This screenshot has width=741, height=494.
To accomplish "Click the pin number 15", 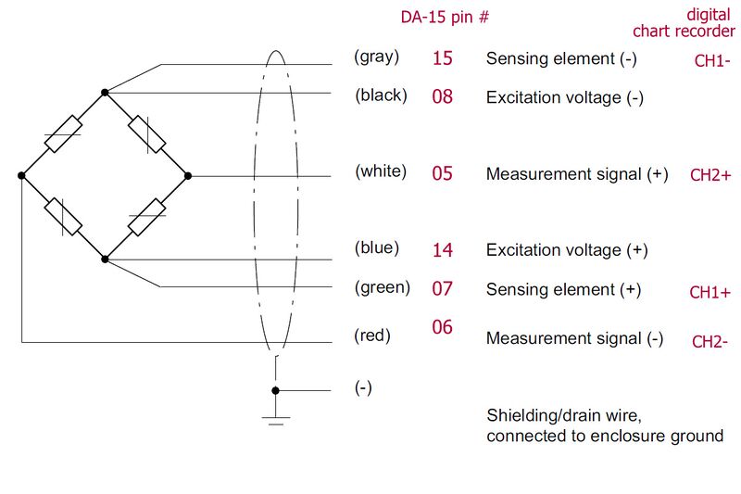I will (x=443, y=57).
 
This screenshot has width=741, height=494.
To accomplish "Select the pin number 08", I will (x=443, y=95).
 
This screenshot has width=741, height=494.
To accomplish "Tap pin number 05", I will (x=443, y=173).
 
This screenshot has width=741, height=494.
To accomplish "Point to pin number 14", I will (x=443, y=249).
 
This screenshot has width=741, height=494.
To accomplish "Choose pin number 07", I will (x=443, y=289).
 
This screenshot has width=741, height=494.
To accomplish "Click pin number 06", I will (x=443, y=327).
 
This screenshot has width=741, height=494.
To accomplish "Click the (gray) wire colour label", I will (x=377, y=57).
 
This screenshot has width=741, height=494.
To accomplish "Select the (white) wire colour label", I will (x=381, y=171).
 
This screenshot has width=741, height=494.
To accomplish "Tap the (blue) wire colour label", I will (x=377, y=247).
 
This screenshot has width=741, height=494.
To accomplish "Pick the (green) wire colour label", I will (x=382, y=287).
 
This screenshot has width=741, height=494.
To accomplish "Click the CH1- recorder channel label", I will (x=712, y=62).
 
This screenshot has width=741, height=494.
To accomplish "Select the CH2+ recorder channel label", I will (x=711, y=175).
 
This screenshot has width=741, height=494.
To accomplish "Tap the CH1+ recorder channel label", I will (x=710, y=293).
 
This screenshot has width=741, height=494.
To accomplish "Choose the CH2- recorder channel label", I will (x=710, y=341).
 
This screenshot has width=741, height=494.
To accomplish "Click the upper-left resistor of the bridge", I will (x=63, y=134).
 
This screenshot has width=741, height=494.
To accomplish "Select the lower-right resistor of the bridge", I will (x=146, y=217).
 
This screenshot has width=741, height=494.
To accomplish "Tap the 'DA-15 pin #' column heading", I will (x=445, y=17).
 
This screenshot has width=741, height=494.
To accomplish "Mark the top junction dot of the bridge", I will (x=105, y=93).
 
